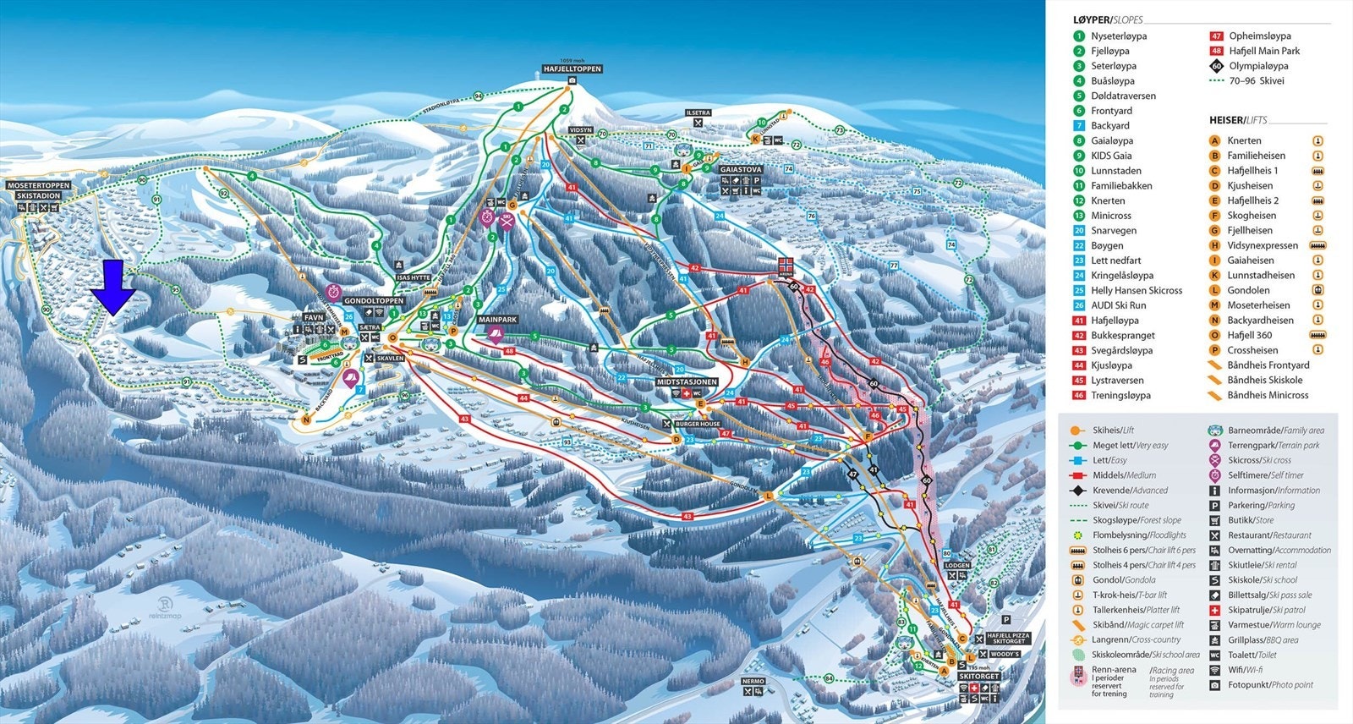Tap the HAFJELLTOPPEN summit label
[x=572, y=69]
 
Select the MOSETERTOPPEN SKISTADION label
[x=38, y=190]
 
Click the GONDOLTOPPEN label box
[x=374, y=300]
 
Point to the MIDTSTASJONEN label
[x=687, y=382]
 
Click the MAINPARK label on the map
[x=497, y=320]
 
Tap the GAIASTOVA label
[x=741, y=169]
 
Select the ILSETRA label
[x=698, y=112]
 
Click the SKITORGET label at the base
[x=978, y=676]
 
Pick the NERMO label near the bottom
[x=753, y=681]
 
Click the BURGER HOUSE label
[x=698, y=424]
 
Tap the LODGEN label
[x=957, y=565]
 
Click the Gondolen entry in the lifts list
[x=1248, y=290]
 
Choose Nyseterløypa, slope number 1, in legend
[x=1118, y=36]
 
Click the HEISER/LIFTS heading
[x=1238, y=120]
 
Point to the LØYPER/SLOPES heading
[x=1108, y=19]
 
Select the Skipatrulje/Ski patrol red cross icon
[x=1215, y=610]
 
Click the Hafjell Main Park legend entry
[x=1263, y=51]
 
